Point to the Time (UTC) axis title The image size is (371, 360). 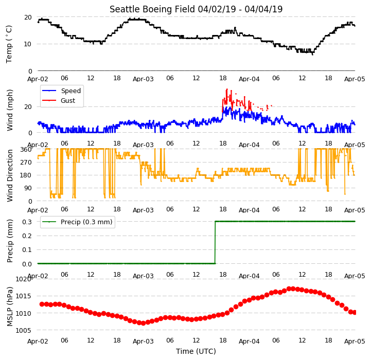[x=196, y=351]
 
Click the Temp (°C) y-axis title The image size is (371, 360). [x=9, y=44]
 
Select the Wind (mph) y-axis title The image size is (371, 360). [x=9, y=110]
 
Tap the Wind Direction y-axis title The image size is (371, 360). [x=9, y=175]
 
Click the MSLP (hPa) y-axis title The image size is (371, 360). [x=9, y=307]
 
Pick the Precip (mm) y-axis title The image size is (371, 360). [x=9, y=241]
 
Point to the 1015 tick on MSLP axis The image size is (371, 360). [x=23, y=296]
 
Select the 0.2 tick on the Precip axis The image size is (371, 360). [x=27, y=236]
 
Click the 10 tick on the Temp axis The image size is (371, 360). [x=28, y=44]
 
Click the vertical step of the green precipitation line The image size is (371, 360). [x=215, y=242]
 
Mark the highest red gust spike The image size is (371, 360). [x=227, y=89]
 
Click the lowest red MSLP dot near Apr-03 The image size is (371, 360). [x=143, y=323]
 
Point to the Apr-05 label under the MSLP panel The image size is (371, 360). [x=355, y=341]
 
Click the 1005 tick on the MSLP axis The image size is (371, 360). [x=23, y=331]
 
